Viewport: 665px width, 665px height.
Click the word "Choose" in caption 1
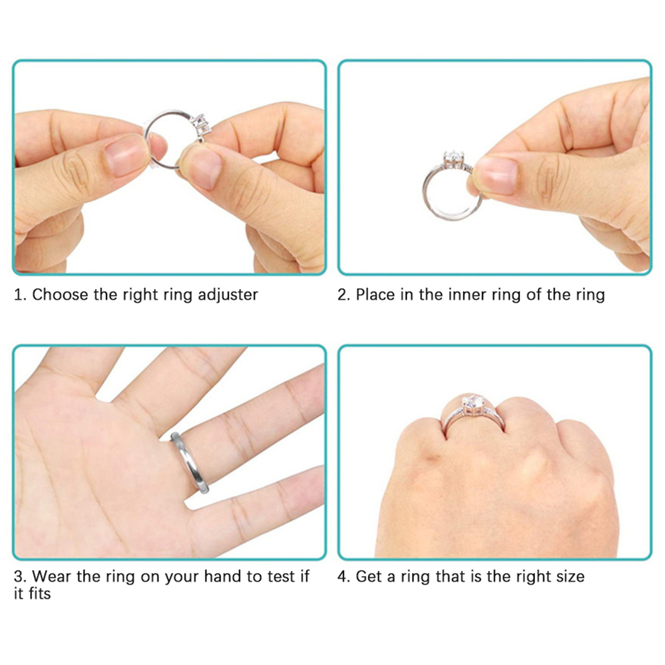60,295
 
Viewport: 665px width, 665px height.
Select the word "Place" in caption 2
375,295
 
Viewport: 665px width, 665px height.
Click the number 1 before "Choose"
18,295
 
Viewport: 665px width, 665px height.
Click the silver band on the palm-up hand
189,462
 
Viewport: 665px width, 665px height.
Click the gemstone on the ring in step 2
453,160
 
